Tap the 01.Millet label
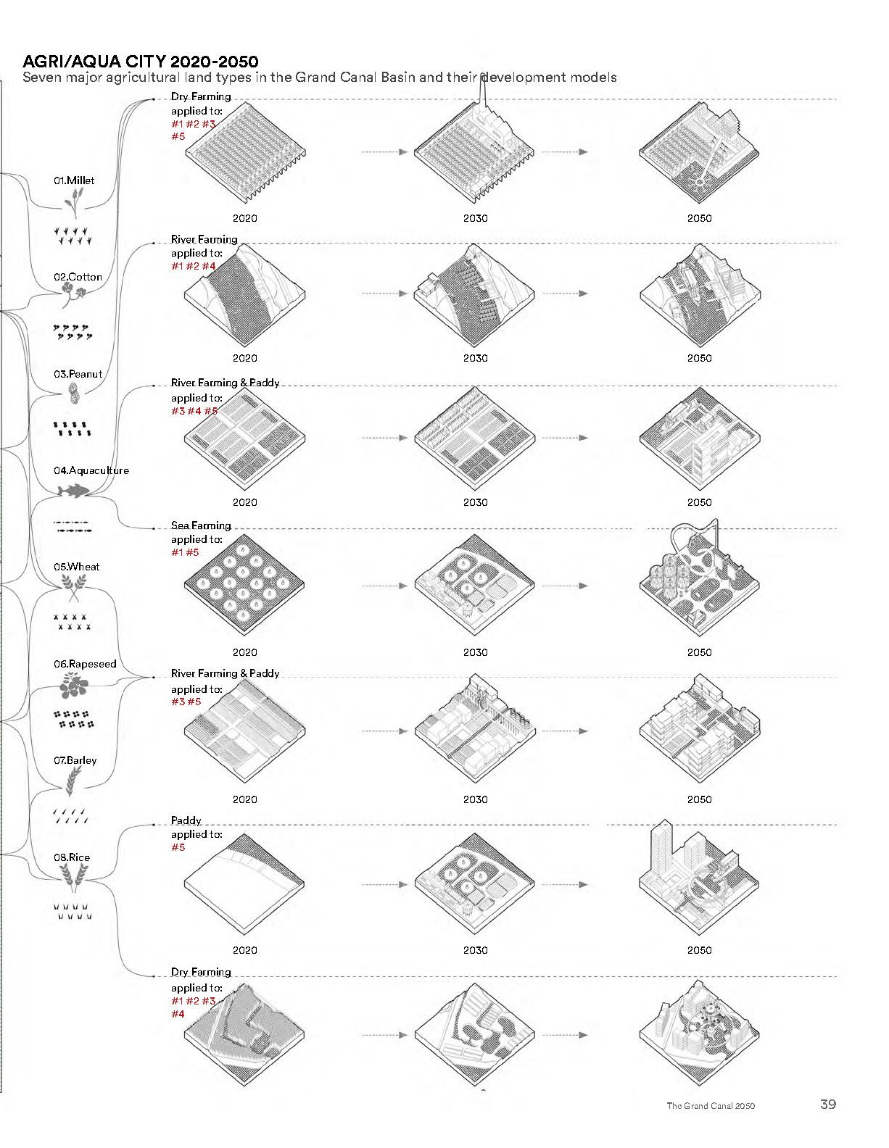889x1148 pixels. (x=74, y=180)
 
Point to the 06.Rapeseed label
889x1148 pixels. (x=85, y=664)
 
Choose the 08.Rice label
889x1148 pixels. (x=72, y=857)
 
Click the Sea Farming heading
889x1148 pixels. (x=201, y=525)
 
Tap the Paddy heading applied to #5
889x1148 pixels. (x=186, y=820)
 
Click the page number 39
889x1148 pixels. (x=828, y=1105)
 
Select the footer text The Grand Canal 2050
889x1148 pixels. (x=711, y=1106)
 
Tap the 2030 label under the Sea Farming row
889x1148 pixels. (x=475, y=652)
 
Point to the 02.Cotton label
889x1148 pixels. (x=78, y=277)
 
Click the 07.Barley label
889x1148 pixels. (x=75, y=760)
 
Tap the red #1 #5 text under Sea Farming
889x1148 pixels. (x=185, y=552)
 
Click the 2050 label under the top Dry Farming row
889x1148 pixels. (x=699, y=218)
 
